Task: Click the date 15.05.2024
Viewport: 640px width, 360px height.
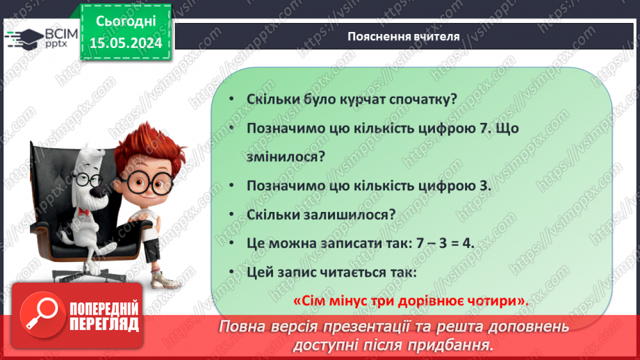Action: click(126, 43)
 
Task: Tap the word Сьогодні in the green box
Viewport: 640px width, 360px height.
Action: click(126, 22)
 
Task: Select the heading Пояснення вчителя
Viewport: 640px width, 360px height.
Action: click(404, 36)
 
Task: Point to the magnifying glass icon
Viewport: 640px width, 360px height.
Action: click(42, 313)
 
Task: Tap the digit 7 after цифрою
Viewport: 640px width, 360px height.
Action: click(483, 128)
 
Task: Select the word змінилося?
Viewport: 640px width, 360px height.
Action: click(286, 157)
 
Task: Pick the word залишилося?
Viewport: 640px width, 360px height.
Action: click(354, 215)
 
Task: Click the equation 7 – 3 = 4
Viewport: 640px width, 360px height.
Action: click(444, 243)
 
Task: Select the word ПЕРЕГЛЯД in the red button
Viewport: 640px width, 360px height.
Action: click(104, 325)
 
